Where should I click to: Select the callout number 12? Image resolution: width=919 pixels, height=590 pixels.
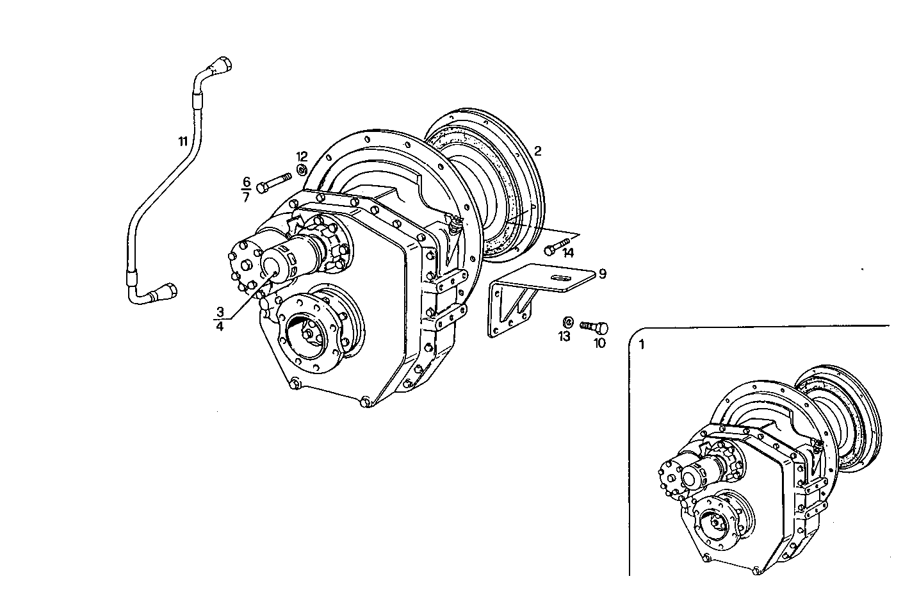tap(302, 156)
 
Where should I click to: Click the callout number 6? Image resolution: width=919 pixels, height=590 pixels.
tap(246, 181)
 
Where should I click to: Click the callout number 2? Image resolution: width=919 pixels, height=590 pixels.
tap(538, 151)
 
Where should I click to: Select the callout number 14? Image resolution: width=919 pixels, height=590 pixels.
tap(568, 253)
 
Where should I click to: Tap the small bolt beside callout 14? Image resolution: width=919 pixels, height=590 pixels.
tap(557, 245)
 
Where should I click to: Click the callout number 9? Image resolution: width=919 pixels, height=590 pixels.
tap(602, 274)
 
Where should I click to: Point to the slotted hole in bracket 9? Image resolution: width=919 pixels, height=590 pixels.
tap(560, 277)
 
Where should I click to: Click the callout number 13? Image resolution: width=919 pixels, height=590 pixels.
tap(564, 336)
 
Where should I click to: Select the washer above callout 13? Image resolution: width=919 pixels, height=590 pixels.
tap(567, 322)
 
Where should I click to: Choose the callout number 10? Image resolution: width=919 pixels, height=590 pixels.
tap(599, 343)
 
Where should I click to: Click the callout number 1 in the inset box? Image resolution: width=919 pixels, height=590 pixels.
tap(642, 344)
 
